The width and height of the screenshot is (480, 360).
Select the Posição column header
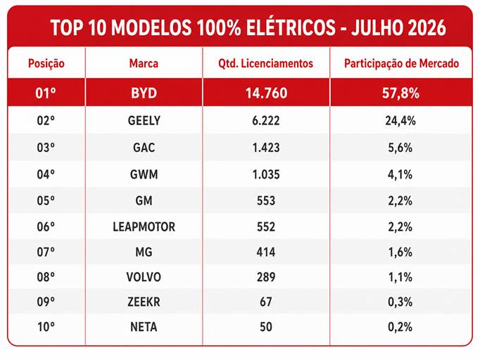(x=46, y=63)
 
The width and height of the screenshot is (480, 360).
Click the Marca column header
(x=144, y=63)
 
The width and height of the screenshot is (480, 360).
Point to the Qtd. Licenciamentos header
(x=266, y=63)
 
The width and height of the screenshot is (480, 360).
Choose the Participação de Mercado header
(x=401, y=63)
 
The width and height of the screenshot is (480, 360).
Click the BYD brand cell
(x=144, y=93)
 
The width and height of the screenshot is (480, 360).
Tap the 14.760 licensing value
(x=266, y=93)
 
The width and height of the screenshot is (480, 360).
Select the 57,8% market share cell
(x=400, y=93)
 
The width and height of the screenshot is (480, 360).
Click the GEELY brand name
(x=144, y=120)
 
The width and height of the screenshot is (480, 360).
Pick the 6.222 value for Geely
(x=266, y=120)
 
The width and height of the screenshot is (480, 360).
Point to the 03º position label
(x=46, y=148)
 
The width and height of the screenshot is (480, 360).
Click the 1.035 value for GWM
(x=266, y=174)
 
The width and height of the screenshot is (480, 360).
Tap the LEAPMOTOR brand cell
(x=144, y=226)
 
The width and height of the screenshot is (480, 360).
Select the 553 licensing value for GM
(x=266, y=200)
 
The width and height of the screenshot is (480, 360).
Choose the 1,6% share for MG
(x=400, y=252)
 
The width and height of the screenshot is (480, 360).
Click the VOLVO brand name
(x=144, y=277)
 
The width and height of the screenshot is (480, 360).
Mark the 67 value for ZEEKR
(x=266, y=302)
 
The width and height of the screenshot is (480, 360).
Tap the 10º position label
(x=46, y=327)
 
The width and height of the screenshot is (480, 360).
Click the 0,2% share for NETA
(x=400, y=327)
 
